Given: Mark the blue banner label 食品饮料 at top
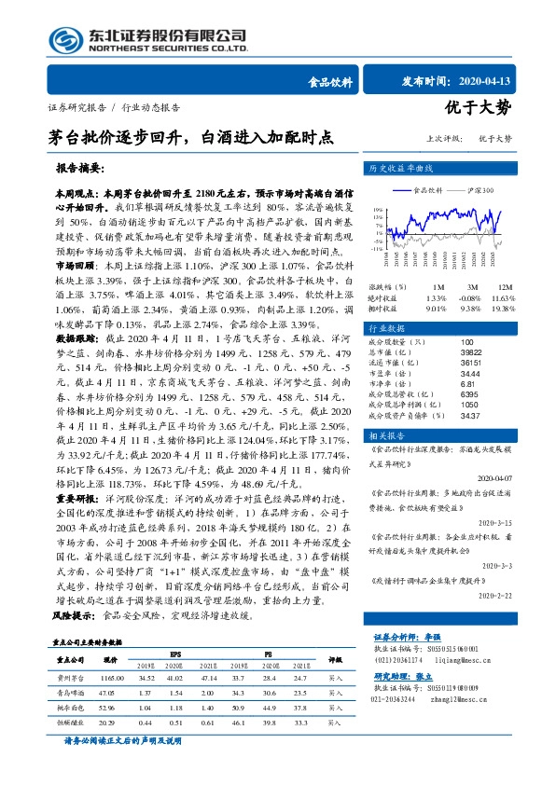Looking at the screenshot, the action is pyautogui.click(x=330, y=81).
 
